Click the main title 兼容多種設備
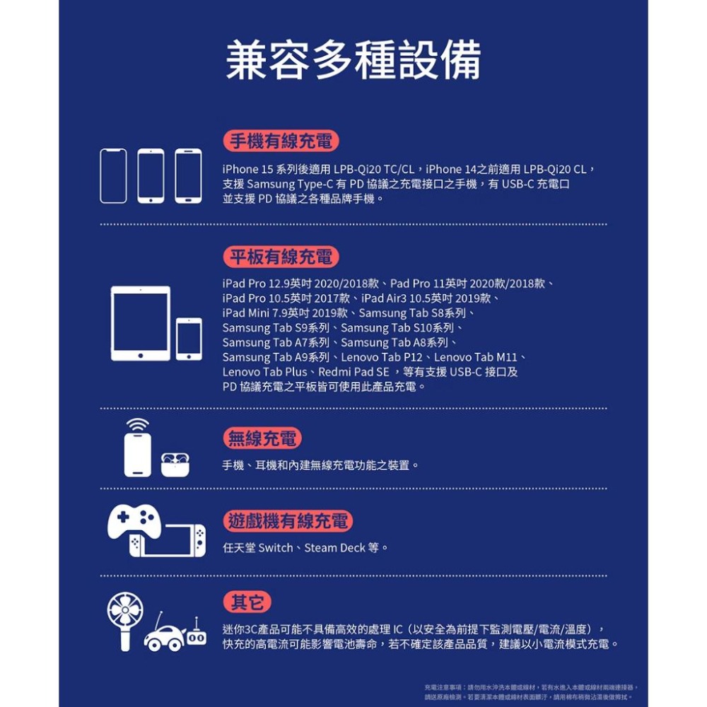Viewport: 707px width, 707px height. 353,59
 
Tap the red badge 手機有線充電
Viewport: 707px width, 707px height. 281,141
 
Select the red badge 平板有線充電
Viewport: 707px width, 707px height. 281,257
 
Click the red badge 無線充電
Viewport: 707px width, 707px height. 262,438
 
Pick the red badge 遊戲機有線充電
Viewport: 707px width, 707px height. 288,522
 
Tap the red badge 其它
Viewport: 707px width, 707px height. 247,602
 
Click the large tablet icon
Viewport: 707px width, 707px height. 141,323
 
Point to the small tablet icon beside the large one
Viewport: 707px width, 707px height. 189,339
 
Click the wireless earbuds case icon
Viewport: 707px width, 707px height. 177,463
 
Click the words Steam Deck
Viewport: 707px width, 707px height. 334,548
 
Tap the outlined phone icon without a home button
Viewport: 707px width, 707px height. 113,176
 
